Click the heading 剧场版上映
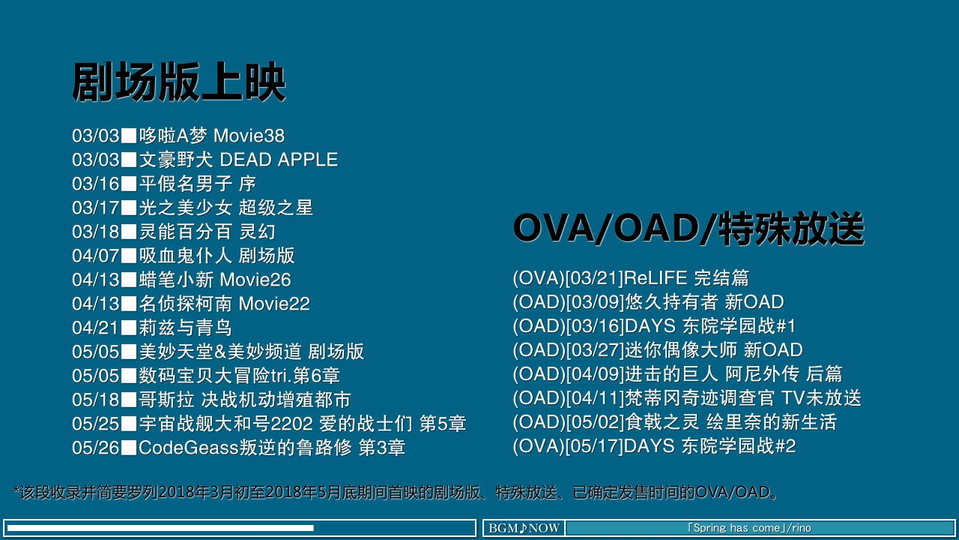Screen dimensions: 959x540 (179, 82)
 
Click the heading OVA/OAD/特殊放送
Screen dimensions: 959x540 (689, 229)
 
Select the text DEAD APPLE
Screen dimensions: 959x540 (279, 160)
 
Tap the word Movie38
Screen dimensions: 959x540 (249, 136)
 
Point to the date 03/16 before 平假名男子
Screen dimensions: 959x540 (95, 184)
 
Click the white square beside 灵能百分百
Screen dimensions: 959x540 (129, 232)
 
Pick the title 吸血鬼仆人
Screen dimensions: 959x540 (185, 256)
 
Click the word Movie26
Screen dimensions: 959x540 (255, 280)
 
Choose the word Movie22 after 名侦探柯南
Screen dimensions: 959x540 (274, 304)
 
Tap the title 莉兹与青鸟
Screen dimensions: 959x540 (185, 328)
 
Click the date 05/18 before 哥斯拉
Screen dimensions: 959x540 (95, 400)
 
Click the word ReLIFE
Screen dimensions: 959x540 (656, 278)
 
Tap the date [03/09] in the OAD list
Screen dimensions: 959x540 (595, 302)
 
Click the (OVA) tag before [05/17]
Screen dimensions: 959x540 (539, 446)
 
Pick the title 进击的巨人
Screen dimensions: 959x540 (671, 374)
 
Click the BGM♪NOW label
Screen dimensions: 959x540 (524, 528)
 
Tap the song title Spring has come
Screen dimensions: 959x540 (736, 528)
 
